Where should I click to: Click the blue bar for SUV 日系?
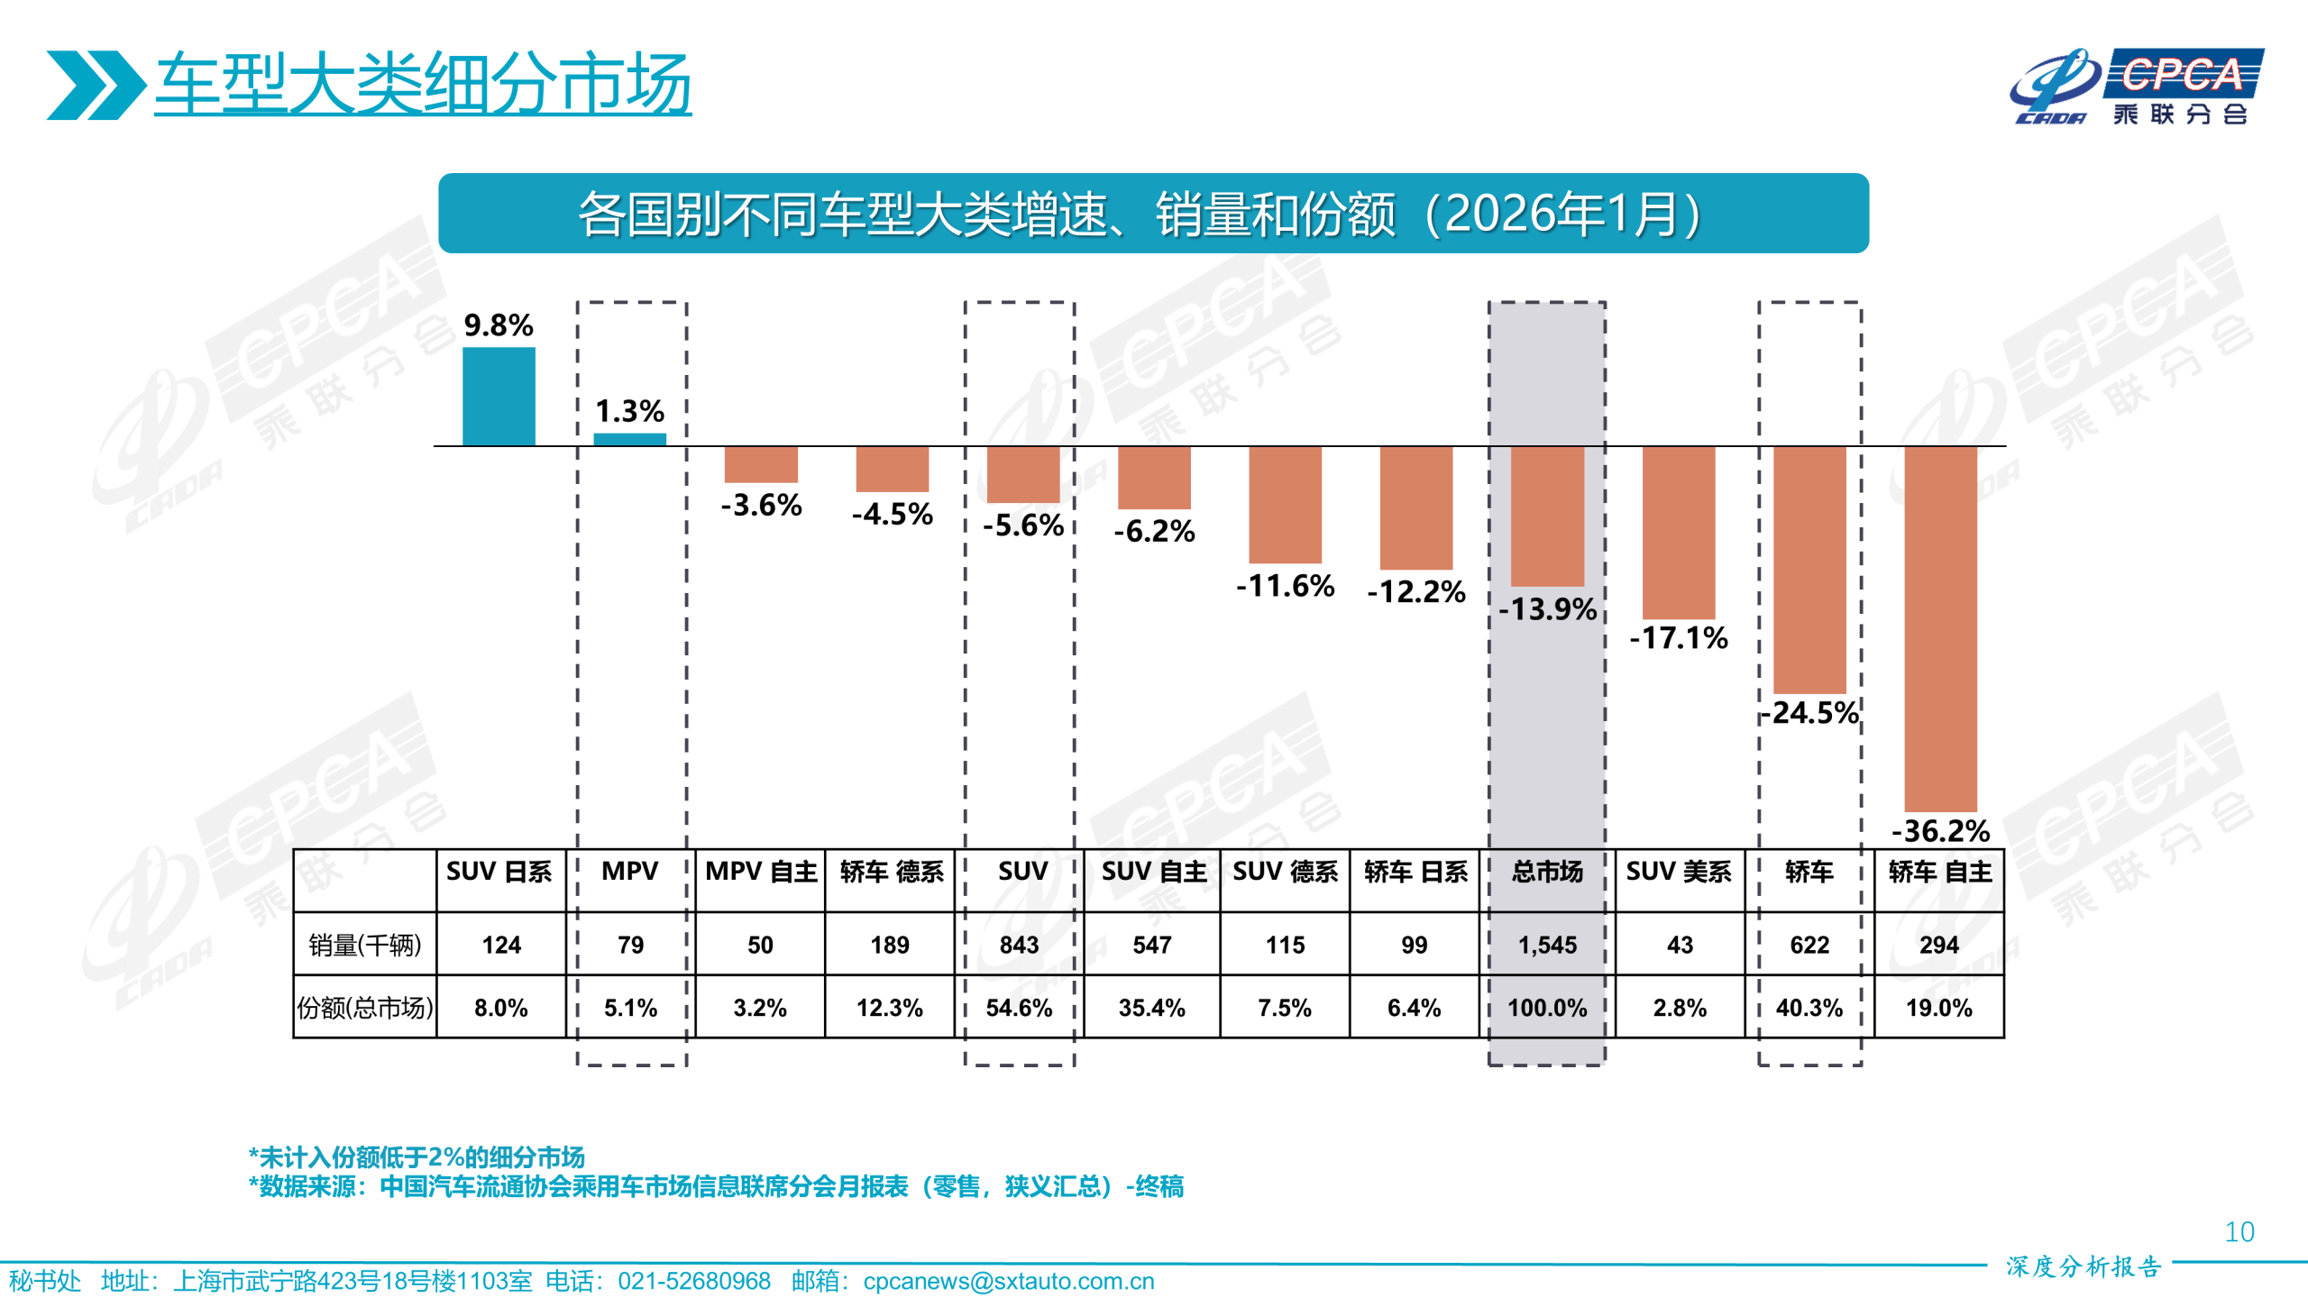(499, 397)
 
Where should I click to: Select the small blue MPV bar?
(629, 440)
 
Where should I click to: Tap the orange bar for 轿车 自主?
(1940, 628)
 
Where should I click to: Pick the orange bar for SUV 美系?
(1678, 532)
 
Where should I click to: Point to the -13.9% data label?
(1547, 609)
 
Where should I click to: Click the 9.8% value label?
(499, 325)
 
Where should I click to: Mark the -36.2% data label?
(1940, 830)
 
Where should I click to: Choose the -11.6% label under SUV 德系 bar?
(1285, 586)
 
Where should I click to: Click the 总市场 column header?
(1547, 872)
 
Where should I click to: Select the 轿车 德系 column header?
(891, 872)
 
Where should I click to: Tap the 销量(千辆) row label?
(364, 945)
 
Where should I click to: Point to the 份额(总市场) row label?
(364, 1007)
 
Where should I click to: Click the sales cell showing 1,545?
(1547, 945)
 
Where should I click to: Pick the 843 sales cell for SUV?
(1019, 945)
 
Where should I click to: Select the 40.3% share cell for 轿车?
(1809, 1007)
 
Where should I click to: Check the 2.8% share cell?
(1679, 1007)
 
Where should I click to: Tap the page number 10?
(2239, 1232)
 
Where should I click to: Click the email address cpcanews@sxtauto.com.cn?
(1008, 1281)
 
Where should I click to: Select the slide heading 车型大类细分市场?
(422, 84)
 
